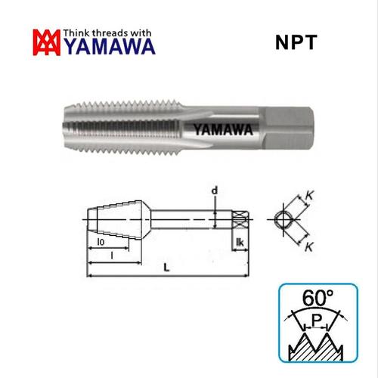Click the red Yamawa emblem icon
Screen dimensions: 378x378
pos(48,42)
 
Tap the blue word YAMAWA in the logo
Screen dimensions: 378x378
pos(109,47)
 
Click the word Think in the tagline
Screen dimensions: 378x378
pos(79,33)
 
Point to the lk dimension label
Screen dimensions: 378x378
pos(240,242)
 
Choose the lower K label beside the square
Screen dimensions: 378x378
pos(311,247)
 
